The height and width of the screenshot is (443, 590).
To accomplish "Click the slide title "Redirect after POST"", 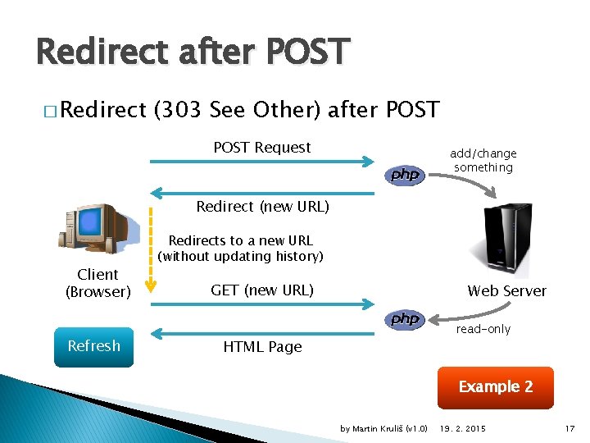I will coord(193,52).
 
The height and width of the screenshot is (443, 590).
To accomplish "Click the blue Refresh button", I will coord(93,346).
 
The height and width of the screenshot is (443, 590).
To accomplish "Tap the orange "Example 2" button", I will coord(495,386).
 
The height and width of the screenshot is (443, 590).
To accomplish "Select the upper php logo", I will coord(405,175).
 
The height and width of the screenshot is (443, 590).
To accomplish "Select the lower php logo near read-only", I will coord(405,319).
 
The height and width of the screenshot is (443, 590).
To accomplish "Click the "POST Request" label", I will coord(261,148).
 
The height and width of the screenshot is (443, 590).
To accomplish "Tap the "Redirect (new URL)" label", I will coord(262,207).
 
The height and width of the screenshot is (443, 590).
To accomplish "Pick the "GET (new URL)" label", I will coord(262,290).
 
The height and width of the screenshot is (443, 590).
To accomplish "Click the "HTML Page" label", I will coord(262,347).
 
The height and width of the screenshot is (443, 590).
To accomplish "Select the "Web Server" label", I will coord(506,290).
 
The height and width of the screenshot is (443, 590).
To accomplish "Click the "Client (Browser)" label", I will coord(98,283).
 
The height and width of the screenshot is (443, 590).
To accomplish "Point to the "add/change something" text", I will coord(483,161).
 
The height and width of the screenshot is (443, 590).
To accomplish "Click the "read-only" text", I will coord(483,329).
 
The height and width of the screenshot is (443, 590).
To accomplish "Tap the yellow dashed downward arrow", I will coord(150,250).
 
